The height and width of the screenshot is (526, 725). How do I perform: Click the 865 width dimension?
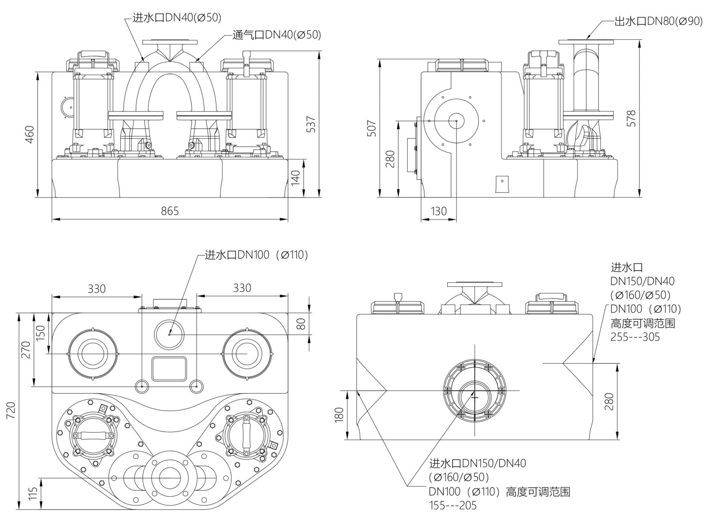[x=170, y=211]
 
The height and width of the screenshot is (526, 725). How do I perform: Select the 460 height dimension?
[x=29, y=134]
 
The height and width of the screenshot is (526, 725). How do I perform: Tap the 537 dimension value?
[x=311, y=124]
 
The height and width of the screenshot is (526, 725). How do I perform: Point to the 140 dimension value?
[x=295, y=178]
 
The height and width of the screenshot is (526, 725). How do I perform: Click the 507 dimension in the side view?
[x=372, y=128]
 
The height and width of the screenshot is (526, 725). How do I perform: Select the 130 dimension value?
[x=439, y=211]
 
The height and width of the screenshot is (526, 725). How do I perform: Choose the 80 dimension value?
[x=301, y=324]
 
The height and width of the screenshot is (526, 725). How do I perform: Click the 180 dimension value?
[x=339, y=415]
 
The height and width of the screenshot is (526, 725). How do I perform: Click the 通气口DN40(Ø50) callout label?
[x=277, y=35]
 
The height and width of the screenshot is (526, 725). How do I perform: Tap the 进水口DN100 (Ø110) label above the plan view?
[x=256, y=255]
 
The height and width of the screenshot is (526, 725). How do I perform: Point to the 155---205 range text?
[x=452, y=505]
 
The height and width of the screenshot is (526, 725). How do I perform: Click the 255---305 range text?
[x=635, y=337]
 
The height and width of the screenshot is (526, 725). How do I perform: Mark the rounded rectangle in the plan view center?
[x=169, y=369]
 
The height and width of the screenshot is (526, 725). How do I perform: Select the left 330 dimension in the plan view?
[x=96, y=289]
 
